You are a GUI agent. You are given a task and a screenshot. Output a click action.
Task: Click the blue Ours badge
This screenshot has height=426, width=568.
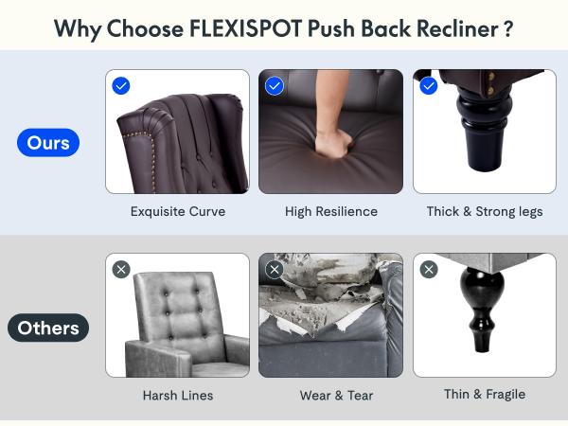click(48, 143)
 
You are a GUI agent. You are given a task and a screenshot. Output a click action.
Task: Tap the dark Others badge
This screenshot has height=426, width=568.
click(48, 328)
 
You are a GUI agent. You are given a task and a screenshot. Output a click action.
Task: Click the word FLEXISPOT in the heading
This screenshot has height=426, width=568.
click(245, 28)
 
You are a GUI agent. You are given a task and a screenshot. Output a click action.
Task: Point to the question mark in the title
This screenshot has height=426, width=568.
click(508, 29)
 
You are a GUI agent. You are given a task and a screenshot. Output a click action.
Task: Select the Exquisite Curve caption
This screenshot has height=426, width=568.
click(178, 211)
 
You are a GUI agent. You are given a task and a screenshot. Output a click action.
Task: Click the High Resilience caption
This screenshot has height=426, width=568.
click(331, 211)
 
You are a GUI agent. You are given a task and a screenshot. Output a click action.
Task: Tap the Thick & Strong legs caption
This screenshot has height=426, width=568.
click(485, 211)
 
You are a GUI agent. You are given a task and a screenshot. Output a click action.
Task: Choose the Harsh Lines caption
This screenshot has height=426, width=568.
click(178, 395)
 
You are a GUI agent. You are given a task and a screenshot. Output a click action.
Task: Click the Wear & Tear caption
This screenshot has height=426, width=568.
click(336, 395)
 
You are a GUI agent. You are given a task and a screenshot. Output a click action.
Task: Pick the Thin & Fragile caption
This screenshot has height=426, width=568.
click(485, 394)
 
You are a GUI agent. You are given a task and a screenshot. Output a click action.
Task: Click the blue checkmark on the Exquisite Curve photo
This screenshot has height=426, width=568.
click(121, 86)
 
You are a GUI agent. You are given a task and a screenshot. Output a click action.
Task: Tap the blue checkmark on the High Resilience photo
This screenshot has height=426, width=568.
click(275, 86)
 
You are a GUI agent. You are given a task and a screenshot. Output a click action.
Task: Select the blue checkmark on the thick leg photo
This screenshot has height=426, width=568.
click(429, 86)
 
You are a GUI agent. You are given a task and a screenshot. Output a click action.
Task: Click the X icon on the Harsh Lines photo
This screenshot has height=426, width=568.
click(121, 270)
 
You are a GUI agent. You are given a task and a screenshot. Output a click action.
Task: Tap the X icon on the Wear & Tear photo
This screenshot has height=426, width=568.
click(275, 270)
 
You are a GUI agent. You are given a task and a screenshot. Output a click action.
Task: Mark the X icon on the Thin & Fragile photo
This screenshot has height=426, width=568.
click(429, 270)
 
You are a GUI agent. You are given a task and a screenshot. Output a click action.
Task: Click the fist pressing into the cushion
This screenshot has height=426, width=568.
click(333, 143)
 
